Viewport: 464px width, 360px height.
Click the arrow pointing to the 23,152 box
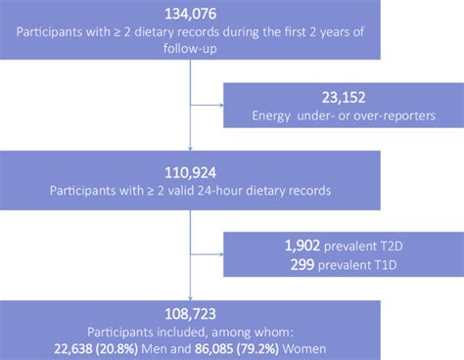coord(219,100)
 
